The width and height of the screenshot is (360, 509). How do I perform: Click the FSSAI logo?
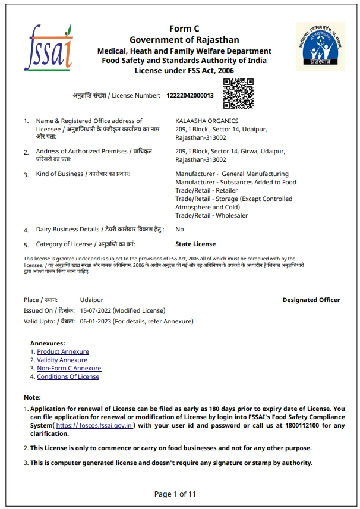point(48,48)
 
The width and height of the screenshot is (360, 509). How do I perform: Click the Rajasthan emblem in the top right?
point(320,46)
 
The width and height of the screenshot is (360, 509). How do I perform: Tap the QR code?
point(238,94)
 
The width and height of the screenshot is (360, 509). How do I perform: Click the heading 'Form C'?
point(184,29)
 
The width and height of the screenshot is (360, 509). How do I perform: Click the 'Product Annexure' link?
point(62,352)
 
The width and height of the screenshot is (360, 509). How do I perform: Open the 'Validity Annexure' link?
point(62,360)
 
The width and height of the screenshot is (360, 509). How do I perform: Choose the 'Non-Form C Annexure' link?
point(69,369)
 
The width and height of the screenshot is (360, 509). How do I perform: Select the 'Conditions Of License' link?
point(68,377)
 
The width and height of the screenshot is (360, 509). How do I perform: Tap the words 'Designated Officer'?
point(311,300)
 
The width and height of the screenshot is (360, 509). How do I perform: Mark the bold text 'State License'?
point(195,244)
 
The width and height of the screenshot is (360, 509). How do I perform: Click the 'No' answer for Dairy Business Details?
point(179,229)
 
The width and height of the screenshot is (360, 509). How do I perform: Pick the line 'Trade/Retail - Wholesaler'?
point(211,216)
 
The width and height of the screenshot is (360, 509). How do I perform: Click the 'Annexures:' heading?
point(48,344)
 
